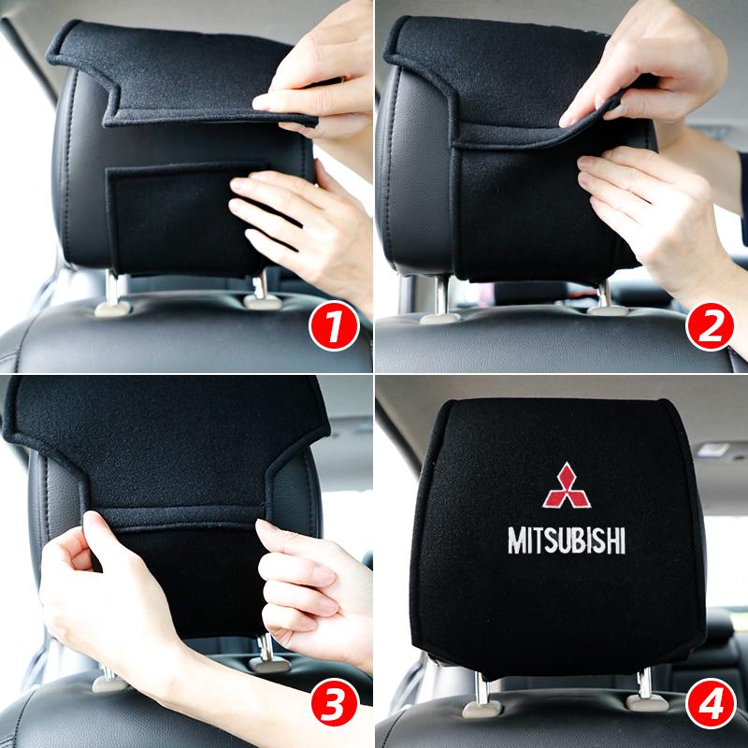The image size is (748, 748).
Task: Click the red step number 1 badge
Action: point(335,329)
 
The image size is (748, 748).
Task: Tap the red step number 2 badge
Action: point(709,329)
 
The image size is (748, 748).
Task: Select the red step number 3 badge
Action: point(335,707)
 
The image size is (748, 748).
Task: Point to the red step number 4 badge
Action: point(709,707)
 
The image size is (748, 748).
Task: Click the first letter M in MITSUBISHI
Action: point(516,540)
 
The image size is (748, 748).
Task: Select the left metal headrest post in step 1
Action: point(113,290)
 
